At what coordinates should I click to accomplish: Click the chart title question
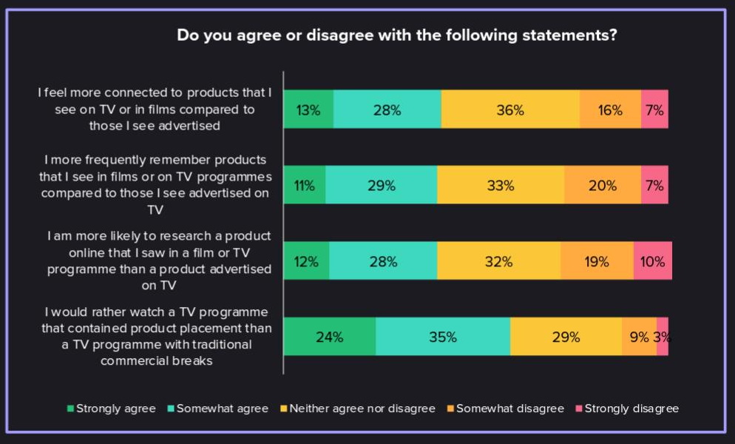(x=397, y=36)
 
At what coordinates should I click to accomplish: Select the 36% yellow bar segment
(x=510, y=110)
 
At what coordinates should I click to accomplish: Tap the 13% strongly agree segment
(x=308, y=110)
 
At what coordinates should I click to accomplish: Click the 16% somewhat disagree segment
(x=610, y=110)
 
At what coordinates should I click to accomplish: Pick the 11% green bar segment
(x=305, y=185)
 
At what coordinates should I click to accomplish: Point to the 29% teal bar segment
(x=381, y=185)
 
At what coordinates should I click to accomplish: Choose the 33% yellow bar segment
(x=501, y=185)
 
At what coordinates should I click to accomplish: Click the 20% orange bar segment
(x=602, y=185)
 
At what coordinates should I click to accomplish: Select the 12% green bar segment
(x=306, y=260)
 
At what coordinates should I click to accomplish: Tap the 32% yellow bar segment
(x=498, y=260)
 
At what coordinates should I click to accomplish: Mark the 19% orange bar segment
(x=597, y=260)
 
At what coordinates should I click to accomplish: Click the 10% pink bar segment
(x=653, y=260)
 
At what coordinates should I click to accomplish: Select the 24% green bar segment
(x=330, y=337)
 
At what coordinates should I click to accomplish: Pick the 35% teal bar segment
(x=443, y=337)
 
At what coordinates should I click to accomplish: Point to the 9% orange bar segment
(x=639, y=337)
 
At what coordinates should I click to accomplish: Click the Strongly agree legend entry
(x=111, y=408)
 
